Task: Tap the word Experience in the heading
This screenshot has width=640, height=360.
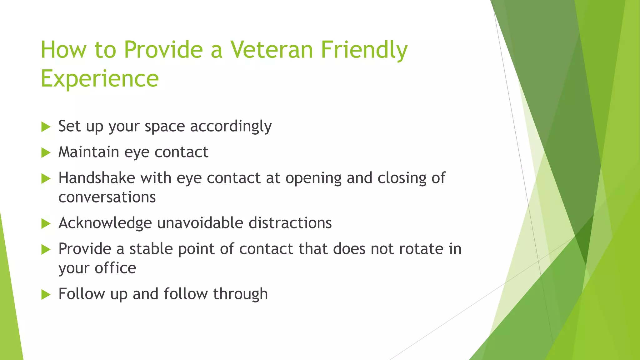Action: pos(100,79)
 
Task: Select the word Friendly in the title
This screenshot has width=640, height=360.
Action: pos(364,50)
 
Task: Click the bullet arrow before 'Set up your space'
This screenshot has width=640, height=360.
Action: pos(46,127)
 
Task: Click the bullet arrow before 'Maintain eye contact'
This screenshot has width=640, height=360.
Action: pos(46,153)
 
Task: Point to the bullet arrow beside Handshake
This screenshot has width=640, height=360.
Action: pos(46,179)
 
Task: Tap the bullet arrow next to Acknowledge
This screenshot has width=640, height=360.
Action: pos(46,224)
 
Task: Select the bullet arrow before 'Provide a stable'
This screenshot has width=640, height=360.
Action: pos(46,250)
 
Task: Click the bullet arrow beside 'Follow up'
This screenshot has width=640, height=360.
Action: pos(46,295)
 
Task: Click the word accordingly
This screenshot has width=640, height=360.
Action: pos(231,127)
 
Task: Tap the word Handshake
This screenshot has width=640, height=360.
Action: pos(97,178)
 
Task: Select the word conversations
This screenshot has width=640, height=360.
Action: pos(107,197)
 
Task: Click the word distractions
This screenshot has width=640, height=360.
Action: pos(290,223)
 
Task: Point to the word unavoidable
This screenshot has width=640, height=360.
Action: pos(200,223)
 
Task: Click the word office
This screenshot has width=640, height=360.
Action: pos(115,268)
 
